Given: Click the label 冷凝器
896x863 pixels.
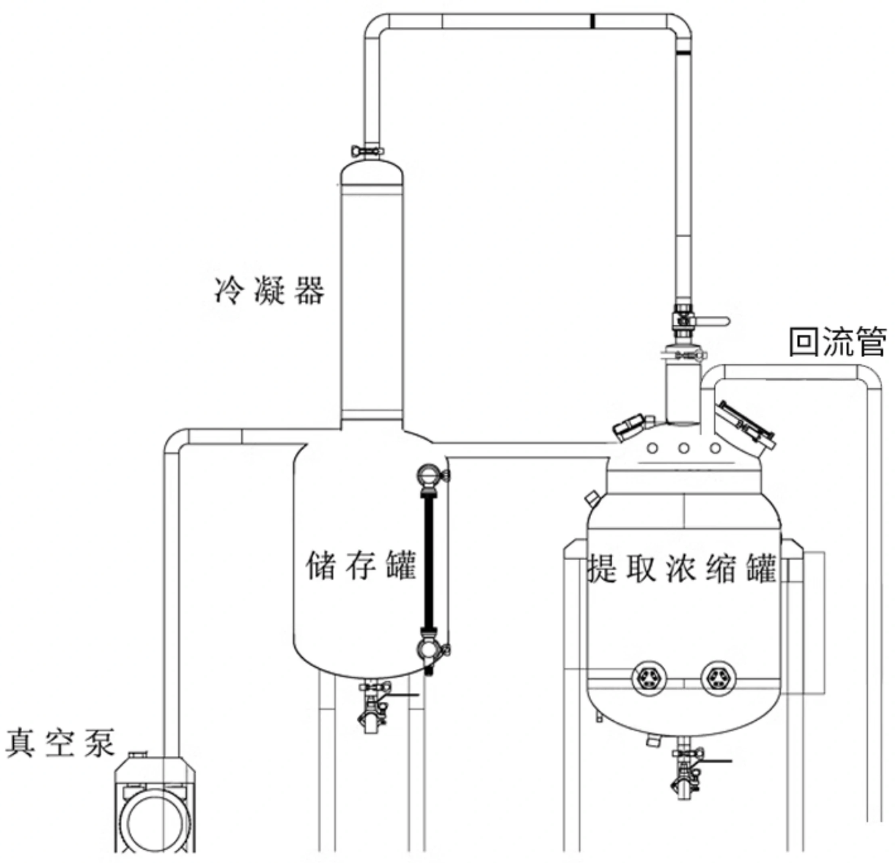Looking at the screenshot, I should (268, 291).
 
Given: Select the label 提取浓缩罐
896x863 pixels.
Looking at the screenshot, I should (682, 568).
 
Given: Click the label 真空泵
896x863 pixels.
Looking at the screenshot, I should (60, 742).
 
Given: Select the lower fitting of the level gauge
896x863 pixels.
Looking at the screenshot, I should (427, 648).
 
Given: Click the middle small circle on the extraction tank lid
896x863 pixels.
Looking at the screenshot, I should (683, 448).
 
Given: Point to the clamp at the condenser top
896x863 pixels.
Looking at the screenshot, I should (368, 150).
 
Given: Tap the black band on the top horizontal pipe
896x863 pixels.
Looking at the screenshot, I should (591, 21).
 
